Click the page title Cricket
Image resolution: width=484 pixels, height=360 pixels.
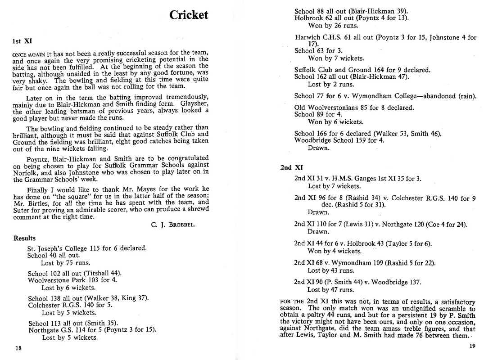pyautogui.click(x=189, y=15)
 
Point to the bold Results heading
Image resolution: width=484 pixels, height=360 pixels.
pyautogui.click(x=24, y=238)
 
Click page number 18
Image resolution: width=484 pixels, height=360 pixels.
pyautogui.click(x=18, y=348)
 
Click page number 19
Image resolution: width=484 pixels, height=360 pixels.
pyautogui.click(x=471, y=346)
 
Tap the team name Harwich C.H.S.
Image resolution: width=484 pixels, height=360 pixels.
pyautogui.click(x=314, y=38)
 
